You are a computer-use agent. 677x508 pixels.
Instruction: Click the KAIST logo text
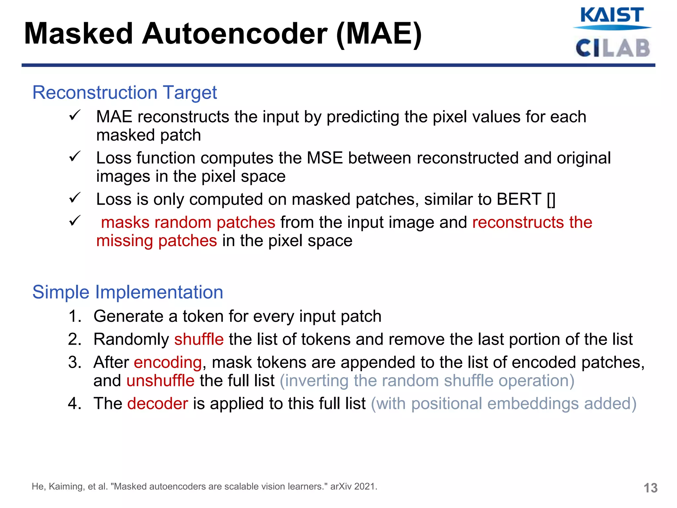point(612,15)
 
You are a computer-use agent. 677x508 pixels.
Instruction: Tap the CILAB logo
point(613,48)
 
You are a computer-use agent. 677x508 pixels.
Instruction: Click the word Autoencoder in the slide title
point(235,34)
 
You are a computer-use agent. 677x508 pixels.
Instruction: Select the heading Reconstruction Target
point(125,92)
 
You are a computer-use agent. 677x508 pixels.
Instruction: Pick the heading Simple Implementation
point(128,292)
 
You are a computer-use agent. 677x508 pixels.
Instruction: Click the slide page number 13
point(650,488)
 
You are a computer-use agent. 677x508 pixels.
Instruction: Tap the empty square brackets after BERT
point(551,199)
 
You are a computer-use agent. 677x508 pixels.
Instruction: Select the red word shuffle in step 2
point(199,339)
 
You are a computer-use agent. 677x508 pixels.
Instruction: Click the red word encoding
point(168,362)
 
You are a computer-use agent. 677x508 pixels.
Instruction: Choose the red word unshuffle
point(160,381)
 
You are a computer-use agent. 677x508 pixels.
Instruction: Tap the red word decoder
point(157,403)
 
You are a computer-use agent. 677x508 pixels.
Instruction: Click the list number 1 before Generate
point(75,316)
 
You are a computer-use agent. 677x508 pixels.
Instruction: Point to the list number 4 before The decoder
point(75,403)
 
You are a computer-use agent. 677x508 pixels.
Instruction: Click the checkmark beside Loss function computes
point(75,156)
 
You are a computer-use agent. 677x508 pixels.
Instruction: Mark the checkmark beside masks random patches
point(75,221)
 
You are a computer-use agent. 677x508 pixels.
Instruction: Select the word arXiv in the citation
point(341,487)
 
